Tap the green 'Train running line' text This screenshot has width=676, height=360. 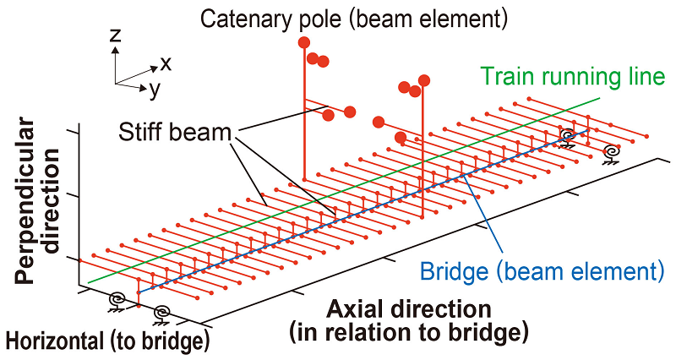pos(574,77)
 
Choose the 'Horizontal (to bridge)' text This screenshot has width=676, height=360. pos(106,342)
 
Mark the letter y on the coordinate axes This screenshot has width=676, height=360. pos(155,87)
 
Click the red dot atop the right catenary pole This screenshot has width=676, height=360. pos(424,80)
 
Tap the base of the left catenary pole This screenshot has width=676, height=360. pos(303,178)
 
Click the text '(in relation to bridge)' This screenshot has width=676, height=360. pos(409,331)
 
